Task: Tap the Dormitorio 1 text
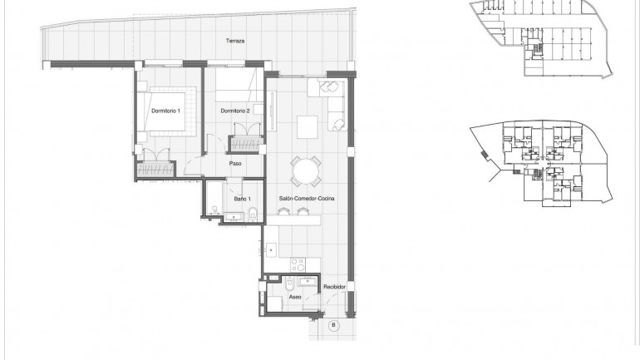165,111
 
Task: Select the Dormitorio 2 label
235,111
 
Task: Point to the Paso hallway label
235,163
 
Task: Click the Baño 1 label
242,200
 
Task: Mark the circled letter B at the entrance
334,325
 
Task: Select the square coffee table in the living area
306,126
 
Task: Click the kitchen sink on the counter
271,249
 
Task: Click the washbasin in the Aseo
308,282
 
